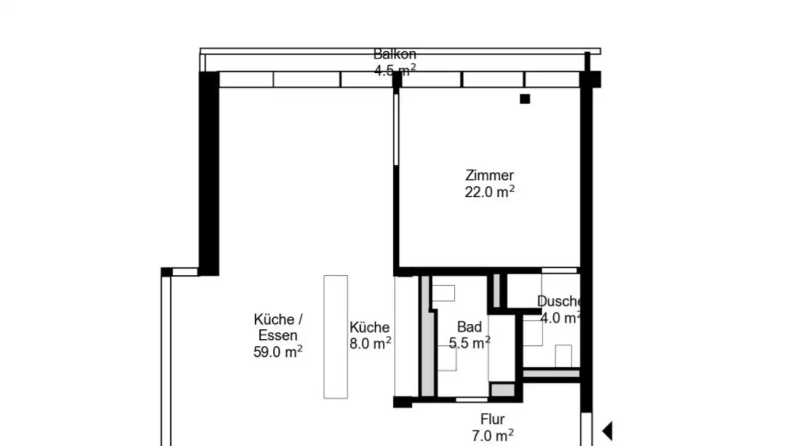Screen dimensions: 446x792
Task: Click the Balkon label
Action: coord(394,55)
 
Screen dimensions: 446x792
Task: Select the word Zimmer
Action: coord(489,176)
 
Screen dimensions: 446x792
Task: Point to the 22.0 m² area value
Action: coord(489,192)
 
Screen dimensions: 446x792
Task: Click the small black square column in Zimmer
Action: coord(525,99)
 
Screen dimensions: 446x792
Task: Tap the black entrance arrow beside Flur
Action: coord(607,431)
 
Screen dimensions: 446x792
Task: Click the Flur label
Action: coord(492,420)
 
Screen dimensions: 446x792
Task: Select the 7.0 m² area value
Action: coord(492,436)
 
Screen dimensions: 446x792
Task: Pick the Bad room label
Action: coord(469,327)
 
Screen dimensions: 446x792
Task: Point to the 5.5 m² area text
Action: coord(469,343)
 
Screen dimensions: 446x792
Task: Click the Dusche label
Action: coord(559,302)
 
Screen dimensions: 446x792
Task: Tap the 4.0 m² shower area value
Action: coord(560,318)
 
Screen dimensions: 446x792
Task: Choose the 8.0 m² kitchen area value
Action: coord(370,343)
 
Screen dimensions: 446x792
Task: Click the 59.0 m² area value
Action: coord(278,351)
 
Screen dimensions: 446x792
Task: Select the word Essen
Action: coord(278,335)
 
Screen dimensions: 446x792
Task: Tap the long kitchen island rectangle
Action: coord(335,336)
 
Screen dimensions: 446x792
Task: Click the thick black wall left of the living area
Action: coord(208,173)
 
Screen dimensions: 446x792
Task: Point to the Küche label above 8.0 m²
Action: coord(370,327)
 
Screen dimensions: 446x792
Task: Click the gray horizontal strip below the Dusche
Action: coord(551,374)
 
